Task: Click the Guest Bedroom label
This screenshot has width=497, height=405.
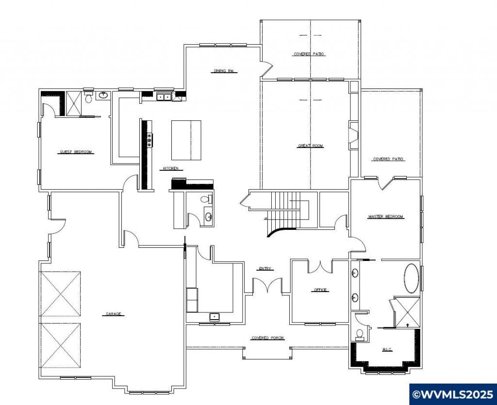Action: coord(76,152)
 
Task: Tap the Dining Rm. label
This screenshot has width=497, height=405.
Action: coord(224,71)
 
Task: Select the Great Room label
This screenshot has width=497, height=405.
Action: coord(311,146)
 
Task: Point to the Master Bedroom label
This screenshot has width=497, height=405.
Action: coord(386,217)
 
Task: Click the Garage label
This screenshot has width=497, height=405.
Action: coord(114,314)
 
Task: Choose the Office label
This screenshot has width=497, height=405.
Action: coord(320,290)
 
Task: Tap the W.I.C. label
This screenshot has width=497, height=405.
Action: coord(387,350)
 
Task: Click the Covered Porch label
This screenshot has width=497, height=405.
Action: coord(267,338)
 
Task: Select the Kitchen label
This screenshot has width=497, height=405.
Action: coord(171,168)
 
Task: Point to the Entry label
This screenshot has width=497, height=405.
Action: coord(265,269)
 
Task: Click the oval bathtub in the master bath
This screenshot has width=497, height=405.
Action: coord(412,278)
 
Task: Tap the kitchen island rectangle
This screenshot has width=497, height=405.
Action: coord(186,140)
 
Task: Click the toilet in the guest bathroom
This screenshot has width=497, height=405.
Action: coord(88,97)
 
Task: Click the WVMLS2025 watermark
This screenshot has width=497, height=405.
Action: coord(453,394)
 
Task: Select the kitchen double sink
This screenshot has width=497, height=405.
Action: coord(164,97)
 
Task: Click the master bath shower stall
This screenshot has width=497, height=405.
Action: coord(408,311)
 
